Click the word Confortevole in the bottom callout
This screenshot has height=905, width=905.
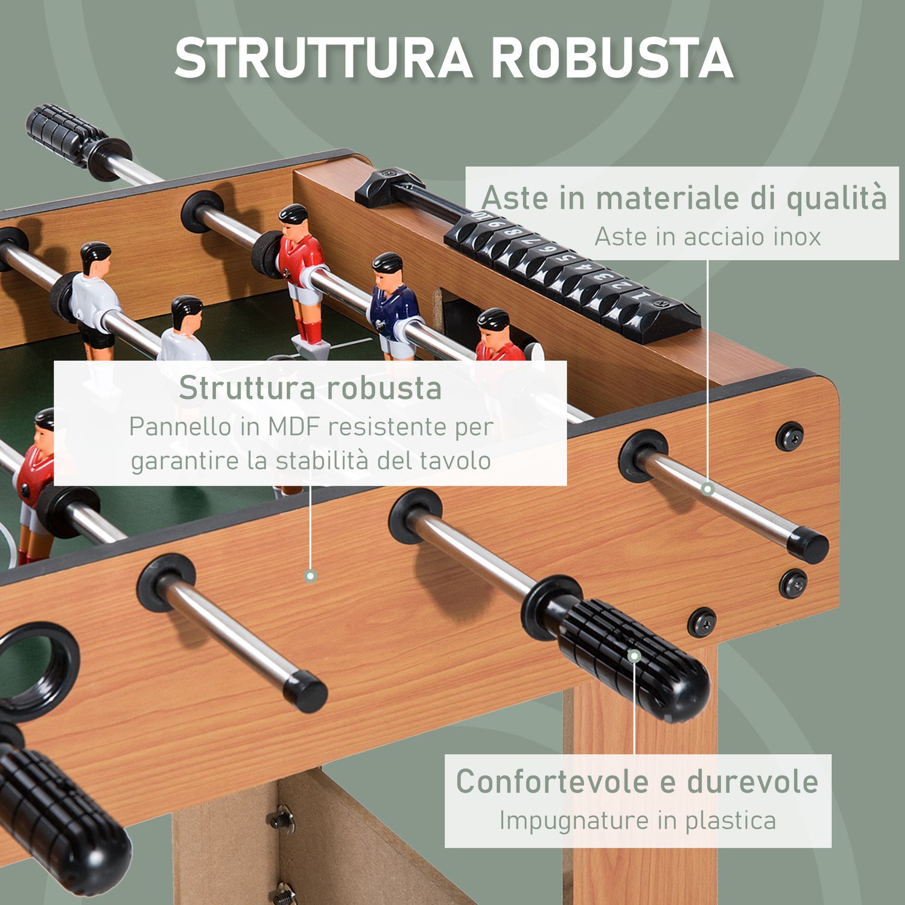(x=552, y=781)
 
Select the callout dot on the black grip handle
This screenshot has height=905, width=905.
(x=634, y=656)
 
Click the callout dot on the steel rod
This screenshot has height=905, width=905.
(x=708, y=489)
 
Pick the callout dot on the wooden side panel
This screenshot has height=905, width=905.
(x=310, y=576)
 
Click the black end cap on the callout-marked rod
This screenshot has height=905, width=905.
(x=809, y=545)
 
